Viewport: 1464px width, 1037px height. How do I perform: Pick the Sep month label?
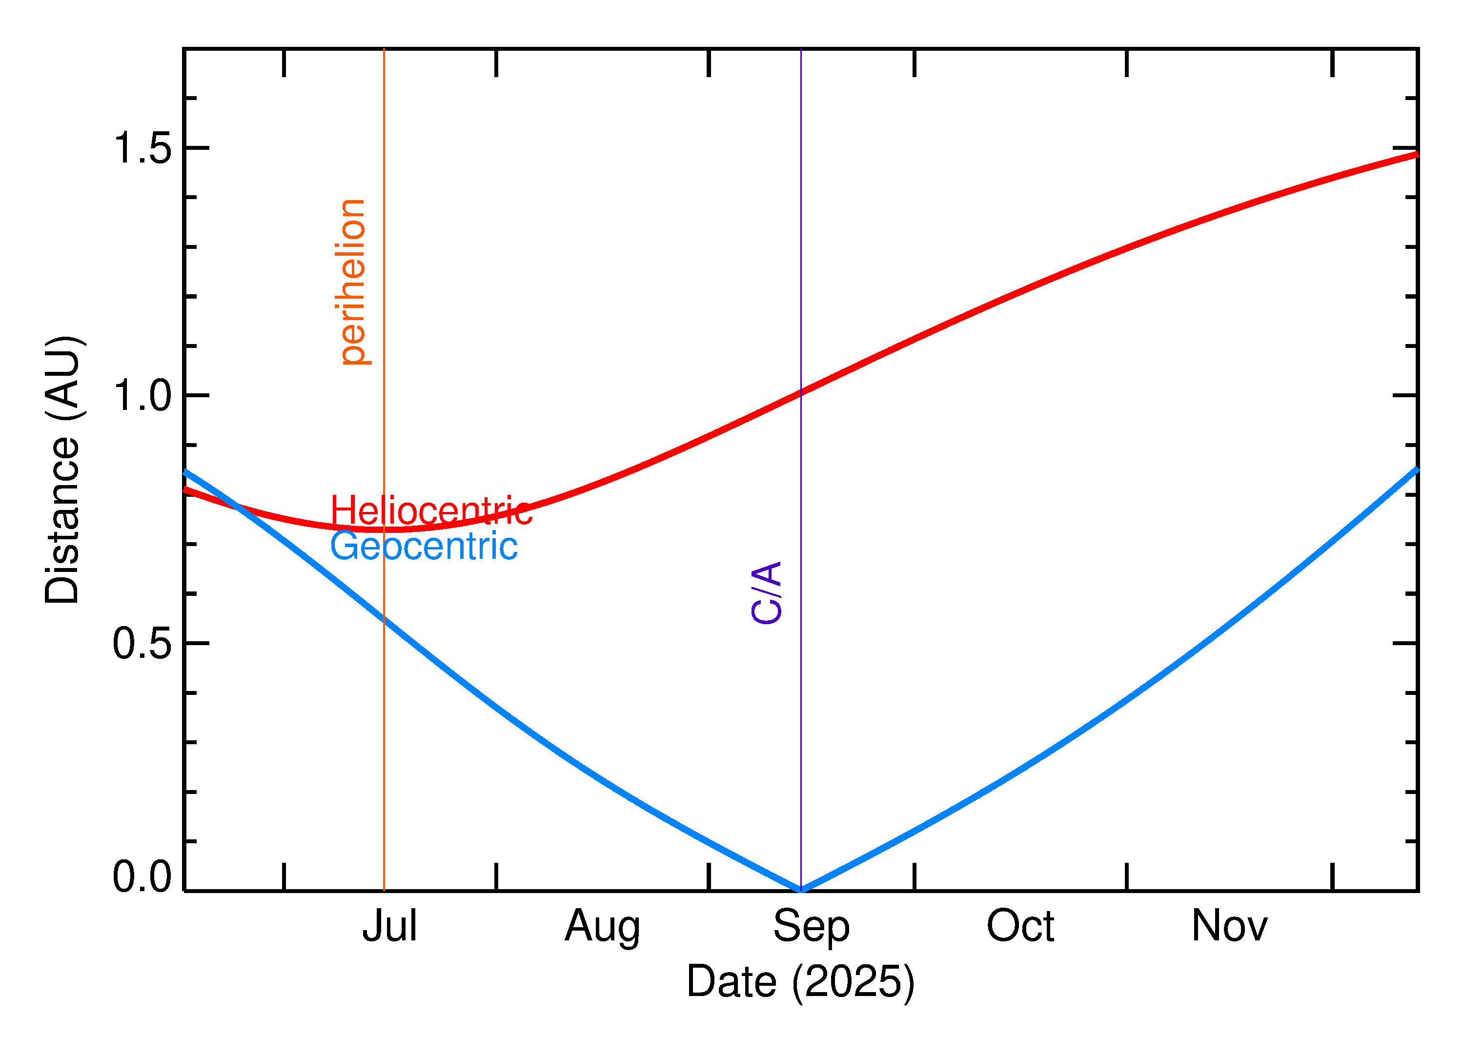[811, 927]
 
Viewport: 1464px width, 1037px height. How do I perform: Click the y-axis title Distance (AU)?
[62, 469]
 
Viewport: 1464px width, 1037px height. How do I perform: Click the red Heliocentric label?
[431, 511]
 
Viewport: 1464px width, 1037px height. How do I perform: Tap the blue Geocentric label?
[423, 547]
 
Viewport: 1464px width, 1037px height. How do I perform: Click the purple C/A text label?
[766, 592]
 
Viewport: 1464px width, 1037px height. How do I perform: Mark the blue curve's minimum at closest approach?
[801, 890]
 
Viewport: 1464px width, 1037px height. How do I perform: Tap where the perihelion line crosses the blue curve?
[384, 619]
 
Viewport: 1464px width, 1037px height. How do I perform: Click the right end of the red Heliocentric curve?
[1416, 155]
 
